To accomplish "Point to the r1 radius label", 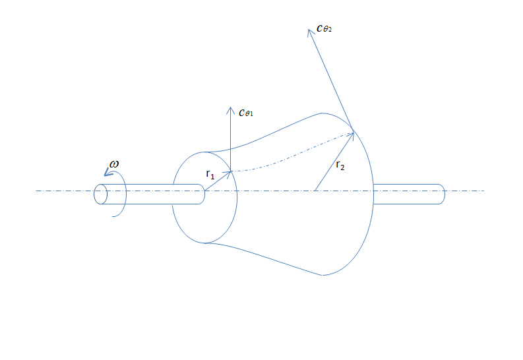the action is point(210,175).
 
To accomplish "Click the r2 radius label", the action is point(340,165).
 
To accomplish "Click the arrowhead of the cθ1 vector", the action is point(230,109).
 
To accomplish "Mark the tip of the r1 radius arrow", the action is point(230,172).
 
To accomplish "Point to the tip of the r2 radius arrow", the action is point(354,133).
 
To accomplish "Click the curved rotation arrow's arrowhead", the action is point(107,173).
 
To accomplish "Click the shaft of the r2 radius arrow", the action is point(335,161).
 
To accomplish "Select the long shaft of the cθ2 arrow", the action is point(331,79).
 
